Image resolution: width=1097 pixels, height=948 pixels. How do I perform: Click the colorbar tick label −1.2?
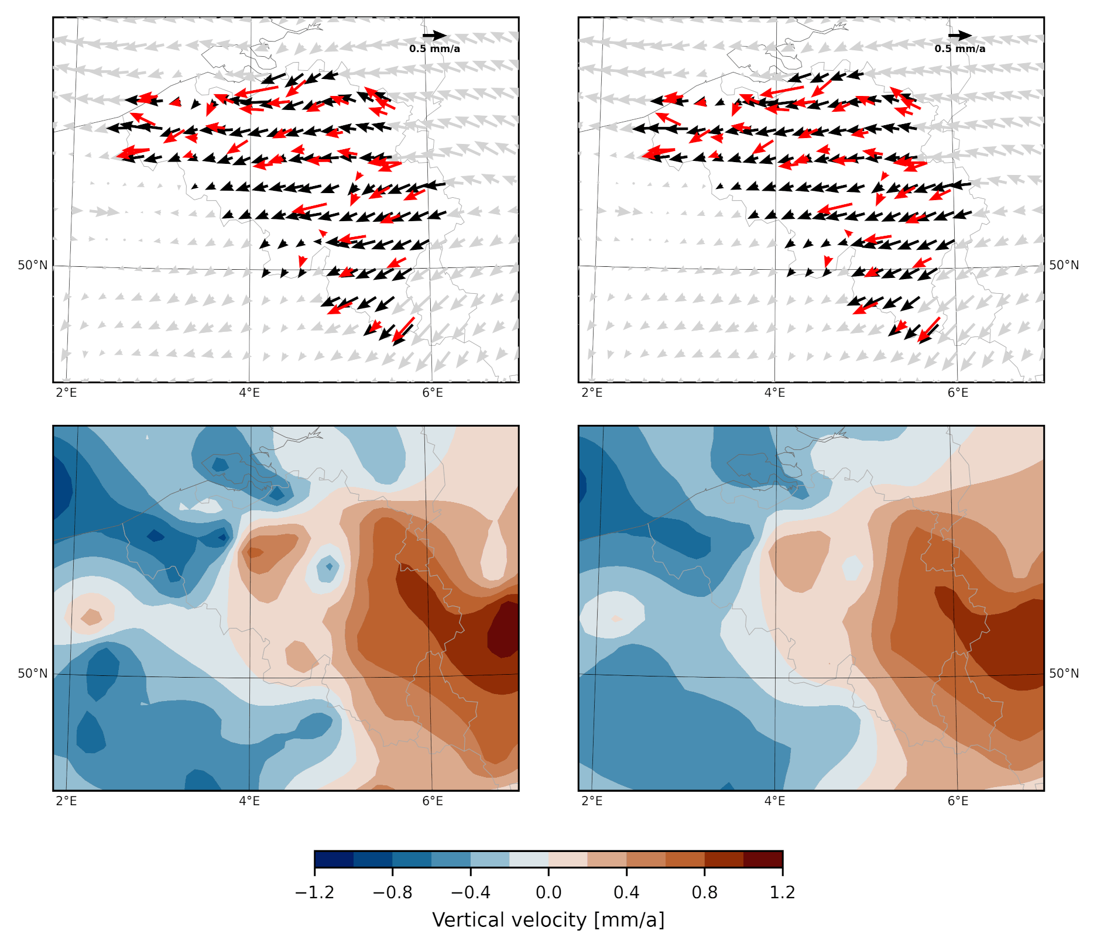pyautogui.click(x=314, y=893)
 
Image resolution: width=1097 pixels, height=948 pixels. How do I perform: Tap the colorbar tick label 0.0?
pyautogui.click(x=548, y=893)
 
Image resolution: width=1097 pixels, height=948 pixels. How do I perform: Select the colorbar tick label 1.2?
pyautogui.click(x=782, y=893)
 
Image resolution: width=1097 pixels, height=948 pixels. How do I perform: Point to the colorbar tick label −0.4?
pyautogui.click(x=470, y=893)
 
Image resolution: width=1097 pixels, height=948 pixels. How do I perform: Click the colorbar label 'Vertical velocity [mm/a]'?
pyautogui.click(x=548, y=920)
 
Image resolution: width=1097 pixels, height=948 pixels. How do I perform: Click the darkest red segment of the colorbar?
pyautogui.click(x=763, y=859)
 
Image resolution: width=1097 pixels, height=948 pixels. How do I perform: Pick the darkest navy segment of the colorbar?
pyautogui.click(x=334, y=859)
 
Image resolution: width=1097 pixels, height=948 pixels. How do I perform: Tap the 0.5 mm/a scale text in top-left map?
pyautogui.click(x=434, y=49)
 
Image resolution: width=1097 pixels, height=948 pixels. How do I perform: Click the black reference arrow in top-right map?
pyautogui.click(x=960, y=36)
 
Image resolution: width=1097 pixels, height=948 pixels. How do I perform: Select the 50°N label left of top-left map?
pyautogui.click(x=33, y=266)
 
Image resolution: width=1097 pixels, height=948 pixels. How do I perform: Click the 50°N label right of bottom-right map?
pyautogui.click(x=1064, y=674)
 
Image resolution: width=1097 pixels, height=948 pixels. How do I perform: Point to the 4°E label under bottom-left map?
pyautogui.click(x=249, y=801)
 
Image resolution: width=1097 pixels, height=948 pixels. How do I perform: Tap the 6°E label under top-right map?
pyautogui.click(x=958, y=393)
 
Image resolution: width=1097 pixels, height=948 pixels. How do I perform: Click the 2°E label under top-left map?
pyautogui.click(x=66, y=393)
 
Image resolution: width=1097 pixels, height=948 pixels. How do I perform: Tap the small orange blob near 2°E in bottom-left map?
pyautogui.click(x=91, y=617)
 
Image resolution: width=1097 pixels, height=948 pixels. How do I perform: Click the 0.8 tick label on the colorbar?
pyautogui.click(x=704, y=893)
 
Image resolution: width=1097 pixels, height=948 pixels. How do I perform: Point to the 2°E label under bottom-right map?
pyautogui.click(x=592, y=801)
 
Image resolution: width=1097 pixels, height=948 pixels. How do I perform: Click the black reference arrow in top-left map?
pyautogui.click(x=434, y=36)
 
